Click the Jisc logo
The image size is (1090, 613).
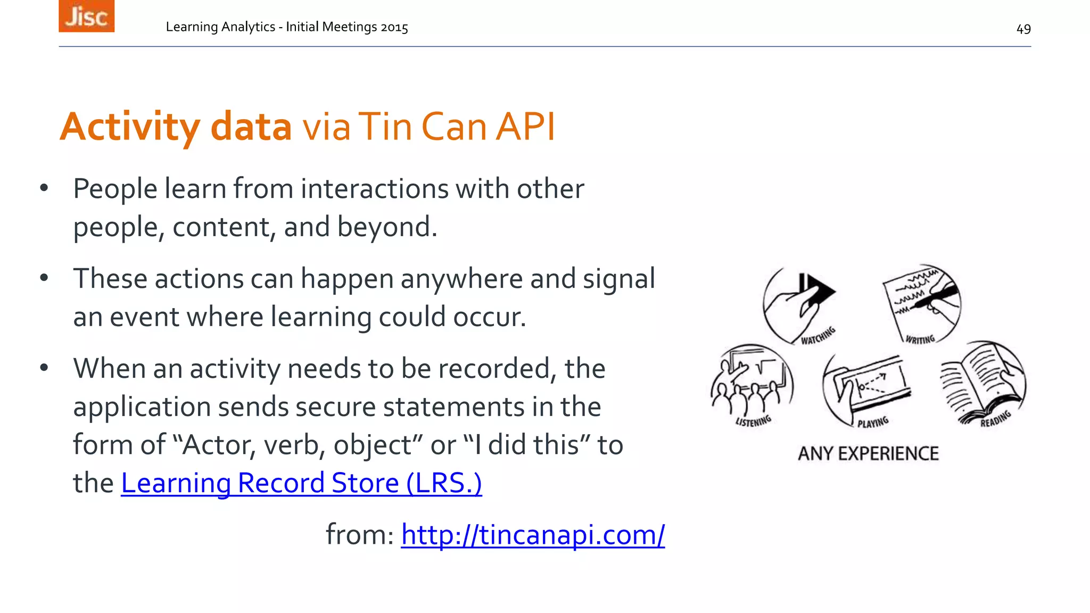86,16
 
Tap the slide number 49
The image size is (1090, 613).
1023,29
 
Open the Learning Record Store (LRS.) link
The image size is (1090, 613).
301,483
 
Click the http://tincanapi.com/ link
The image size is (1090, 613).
533,535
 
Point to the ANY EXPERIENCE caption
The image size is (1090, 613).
868,454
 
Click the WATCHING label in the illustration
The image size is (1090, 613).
818,336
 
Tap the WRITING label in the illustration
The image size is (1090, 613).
920,339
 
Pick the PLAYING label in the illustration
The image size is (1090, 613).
873,423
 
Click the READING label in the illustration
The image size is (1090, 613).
995,419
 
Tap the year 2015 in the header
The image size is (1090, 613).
394,27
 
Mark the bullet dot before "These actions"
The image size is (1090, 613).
44,278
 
